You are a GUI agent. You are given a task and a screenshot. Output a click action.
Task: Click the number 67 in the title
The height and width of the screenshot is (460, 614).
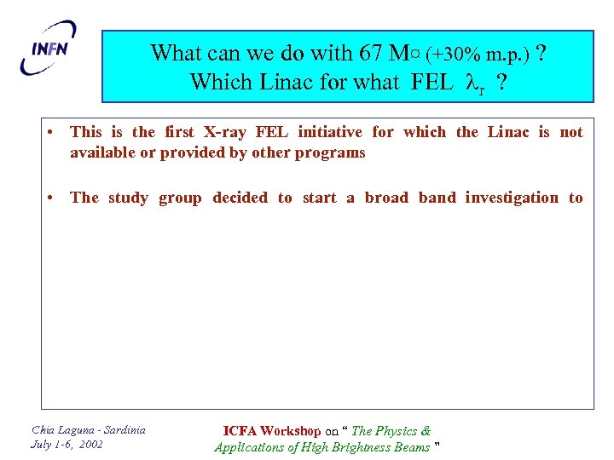coord(371,53)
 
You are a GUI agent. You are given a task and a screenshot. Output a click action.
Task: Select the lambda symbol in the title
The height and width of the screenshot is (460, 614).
coord(472,83)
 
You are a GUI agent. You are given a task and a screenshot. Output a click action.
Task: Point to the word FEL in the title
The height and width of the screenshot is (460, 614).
coord(432,83)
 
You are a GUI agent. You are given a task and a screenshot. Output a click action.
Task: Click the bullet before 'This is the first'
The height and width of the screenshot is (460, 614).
coord(53,132)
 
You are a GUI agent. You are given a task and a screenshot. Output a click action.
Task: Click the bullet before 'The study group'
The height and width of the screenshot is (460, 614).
coord(53,198)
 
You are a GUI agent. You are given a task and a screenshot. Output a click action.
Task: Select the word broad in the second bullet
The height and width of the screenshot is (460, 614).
coord(386,198)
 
